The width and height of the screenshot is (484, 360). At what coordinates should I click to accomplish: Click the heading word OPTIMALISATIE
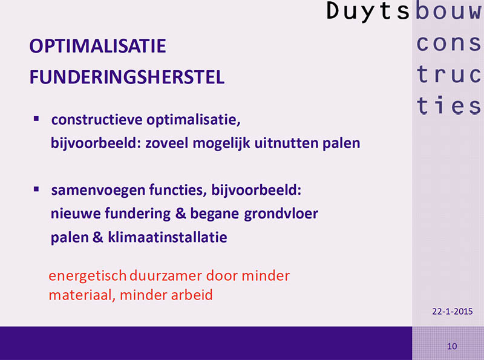coord(97,46)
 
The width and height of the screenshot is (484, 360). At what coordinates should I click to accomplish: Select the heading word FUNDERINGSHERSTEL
coord(127,77)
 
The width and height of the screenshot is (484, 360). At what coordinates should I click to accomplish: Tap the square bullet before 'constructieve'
coord(36,119)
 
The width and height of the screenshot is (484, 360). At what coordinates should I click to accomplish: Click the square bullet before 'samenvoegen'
coord(36,189)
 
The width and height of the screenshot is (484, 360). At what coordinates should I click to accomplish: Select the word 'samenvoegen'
coord(98,189)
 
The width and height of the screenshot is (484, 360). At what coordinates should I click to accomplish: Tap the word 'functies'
coord(178,189)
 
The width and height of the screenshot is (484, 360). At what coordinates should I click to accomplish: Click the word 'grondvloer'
coord(281,214)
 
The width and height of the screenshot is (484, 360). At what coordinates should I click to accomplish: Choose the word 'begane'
coord(214,214)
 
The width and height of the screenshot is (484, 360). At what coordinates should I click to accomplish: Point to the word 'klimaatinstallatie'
coord(168,237)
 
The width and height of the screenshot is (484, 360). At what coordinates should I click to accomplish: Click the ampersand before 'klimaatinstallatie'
coord(97,237)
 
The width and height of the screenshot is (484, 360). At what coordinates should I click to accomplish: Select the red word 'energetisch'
coord(88,276)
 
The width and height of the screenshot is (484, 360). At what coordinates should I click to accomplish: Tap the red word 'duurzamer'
coord(166,276)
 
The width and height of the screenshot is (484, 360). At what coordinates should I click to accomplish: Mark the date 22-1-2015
coord(452,311)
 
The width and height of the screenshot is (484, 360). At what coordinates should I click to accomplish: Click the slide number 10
coord(452,346)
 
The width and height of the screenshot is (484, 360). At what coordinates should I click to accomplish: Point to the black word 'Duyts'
coord(368,11)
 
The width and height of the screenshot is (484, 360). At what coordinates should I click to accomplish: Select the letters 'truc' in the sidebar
coord(448,74)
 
